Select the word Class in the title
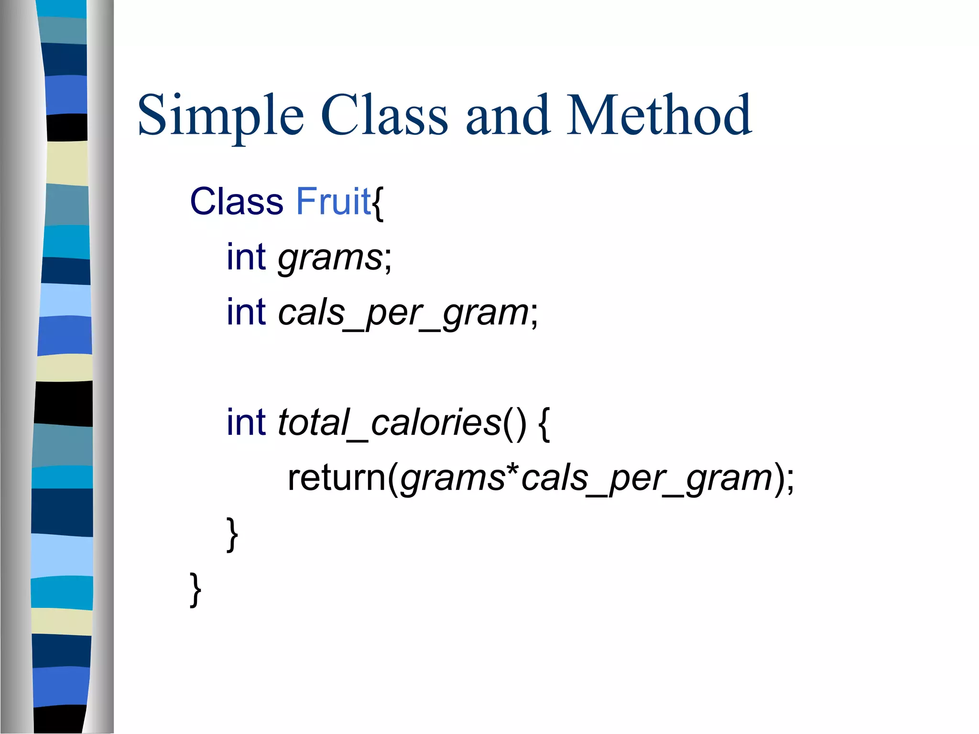(x=384, y=115)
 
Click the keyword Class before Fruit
(x=237, y=202)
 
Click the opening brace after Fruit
(x=378, y=203)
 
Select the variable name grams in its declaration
(x=330, y=258)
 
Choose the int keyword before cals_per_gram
(x=246, y=313)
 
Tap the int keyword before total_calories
(x=246, y=422)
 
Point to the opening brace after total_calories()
(x=544, y=424)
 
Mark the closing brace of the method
(x=232, y=534)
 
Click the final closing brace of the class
(x=195, y=590)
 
